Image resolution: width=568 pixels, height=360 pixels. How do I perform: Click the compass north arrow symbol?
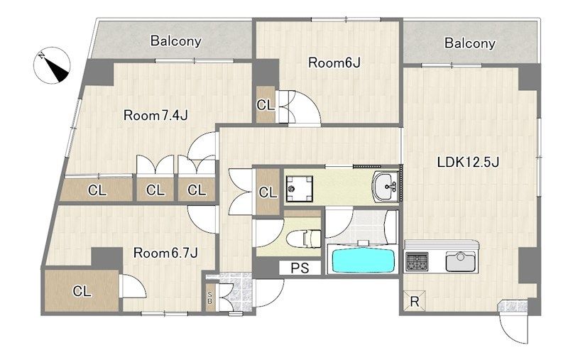tap(51, 65)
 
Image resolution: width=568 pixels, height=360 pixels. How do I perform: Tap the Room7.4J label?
tap(155, 116)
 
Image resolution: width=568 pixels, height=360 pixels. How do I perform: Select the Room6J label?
tap(334, 62)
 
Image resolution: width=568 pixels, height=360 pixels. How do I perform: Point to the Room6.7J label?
tap(165, 253)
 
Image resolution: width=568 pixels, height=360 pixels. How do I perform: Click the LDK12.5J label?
tap(468, 162)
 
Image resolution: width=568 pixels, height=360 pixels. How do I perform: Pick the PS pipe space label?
tap(300, 268)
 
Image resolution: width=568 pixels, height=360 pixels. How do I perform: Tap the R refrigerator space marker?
tap(415, 301)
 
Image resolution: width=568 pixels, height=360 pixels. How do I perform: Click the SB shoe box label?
tap(209, 298)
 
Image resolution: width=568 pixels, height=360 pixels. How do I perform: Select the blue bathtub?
tap(363, 259)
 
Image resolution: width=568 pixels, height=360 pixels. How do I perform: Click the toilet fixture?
tap(304, 239)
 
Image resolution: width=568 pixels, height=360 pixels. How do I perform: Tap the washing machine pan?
tap(299, 188)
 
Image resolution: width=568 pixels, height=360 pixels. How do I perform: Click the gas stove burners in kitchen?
tap(417, 261)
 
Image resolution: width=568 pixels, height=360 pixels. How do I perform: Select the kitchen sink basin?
tap(460, 261)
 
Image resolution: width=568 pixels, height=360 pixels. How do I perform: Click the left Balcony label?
tap(175, 40)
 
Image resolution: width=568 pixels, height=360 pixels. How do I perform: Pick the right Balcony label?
tap(470, 43)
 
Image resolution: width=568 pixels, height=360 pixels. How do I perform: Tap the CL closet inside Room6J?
tap(266, 104)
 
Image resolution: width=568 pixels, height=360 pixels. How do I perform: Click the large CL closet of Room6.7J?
tap(82, 290)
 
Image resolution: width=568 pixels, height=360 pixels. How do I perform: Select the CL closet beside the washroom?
tap(268, 192)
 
